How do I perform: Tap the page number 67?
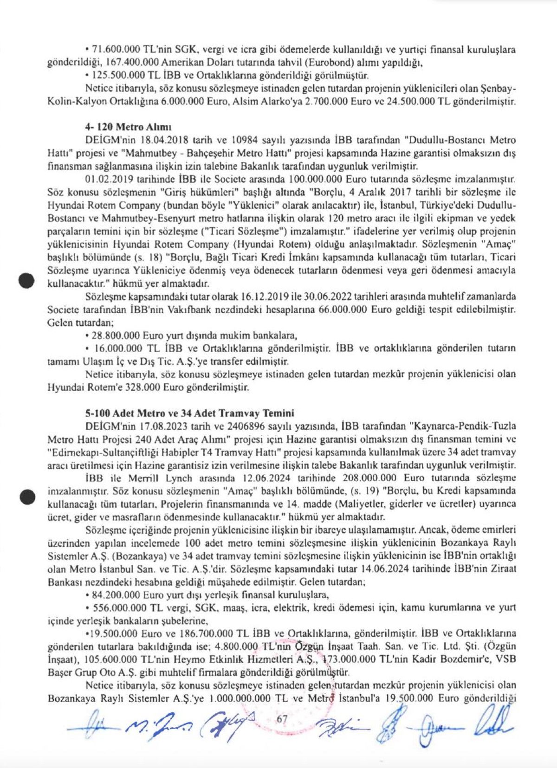(x=282, y=718)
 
